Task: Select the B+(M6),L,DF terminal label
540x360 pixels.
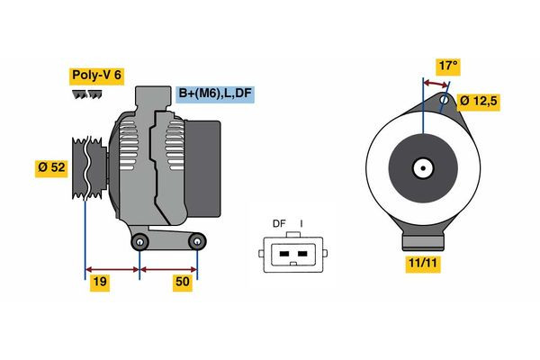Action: tap(213, 94)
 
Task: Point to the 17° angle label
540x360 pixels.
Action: tap(448, 66)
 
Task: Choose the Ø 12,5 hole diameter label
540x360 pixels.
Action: tap(478, 102)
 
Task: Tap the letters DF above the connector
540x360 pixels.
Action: tap(279, 223)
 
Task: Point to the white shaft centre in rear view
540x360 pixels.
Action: tap(421, 167)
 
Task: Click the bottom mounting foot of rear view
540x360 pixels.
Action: tap(421, 241)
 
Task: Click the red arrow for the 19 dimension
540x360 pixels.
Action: tap(112, 269)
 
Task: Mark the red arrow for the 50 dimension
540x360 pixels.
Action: tap(168, 269)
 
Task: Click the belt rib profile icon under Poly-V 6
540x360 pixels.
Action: tap(87, 94)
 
